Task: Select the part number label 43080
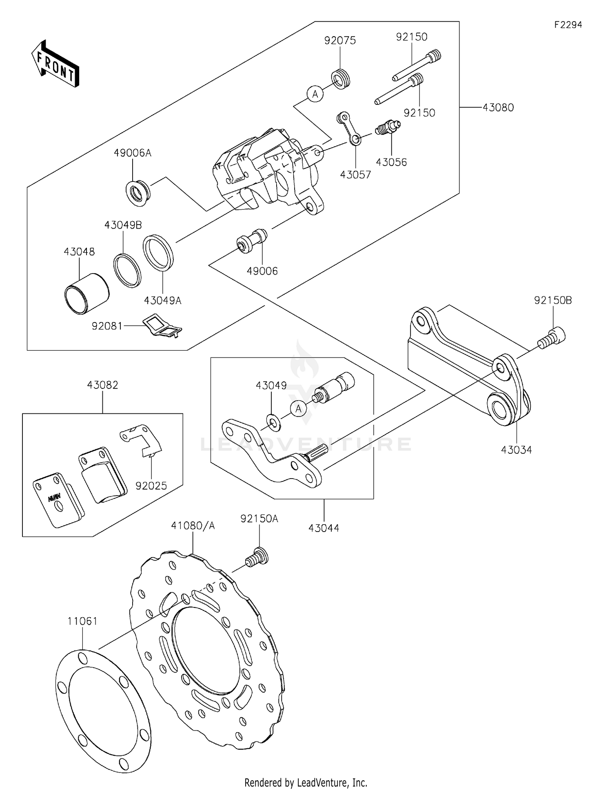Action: [x=498, y=108]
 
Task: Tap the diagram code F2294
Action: [x=568, y=25]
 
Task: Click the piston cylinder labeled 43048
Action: [x=87, y=293]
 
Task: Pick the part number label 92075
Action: [x=340, y=40]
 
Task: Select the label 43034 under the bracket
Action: [x=516, y=450]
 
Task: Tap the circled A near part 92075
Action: [x=315, y=94]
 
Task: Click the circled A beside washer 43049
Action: [x=299, y=408]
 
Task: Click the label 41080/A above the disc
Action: [x=193, y=526]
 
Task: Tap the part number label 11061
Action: [x=82, y=621]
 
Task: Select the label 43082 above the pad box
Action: [x=102, y=385]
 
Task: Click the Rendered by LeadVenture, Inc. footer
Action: [x=306, y=782]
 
